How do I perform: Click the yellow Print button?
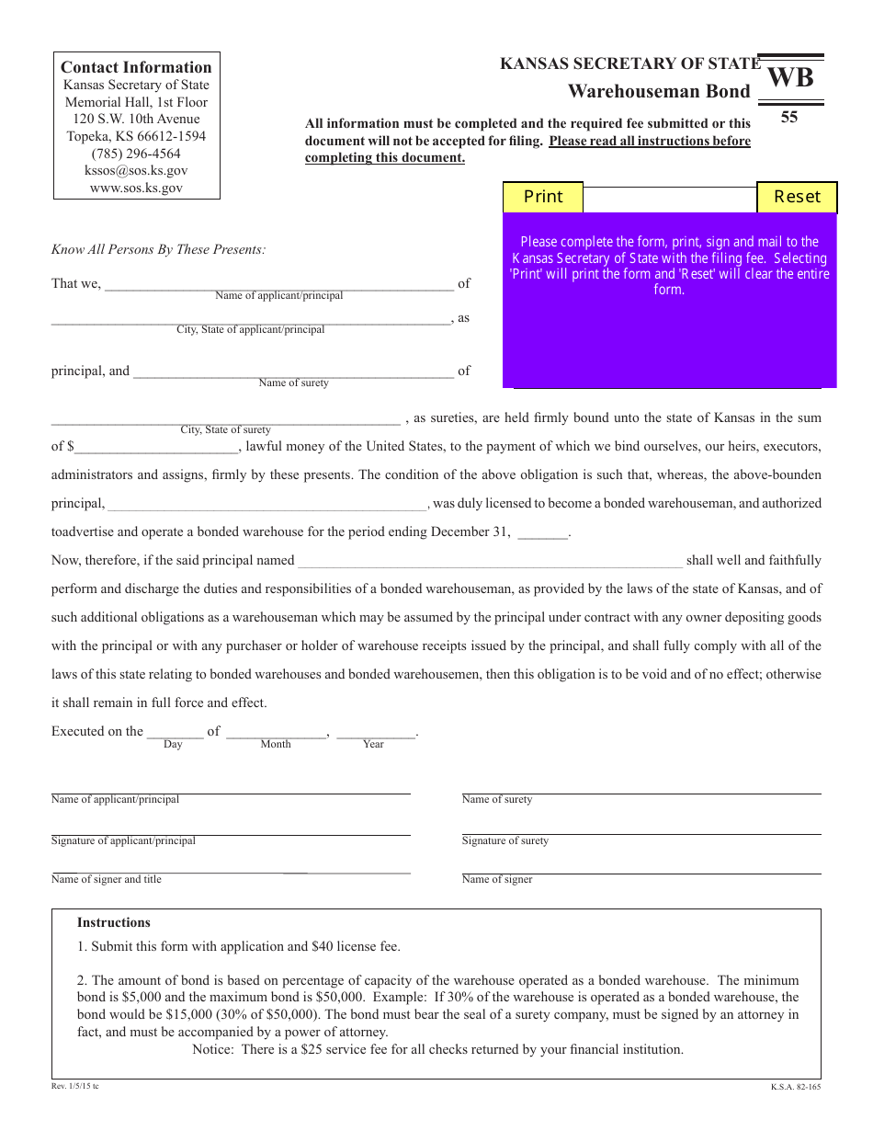point(543,197)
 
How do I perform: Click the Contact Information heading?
point(136,67)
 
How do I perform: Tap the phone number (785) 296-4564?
point(136,154)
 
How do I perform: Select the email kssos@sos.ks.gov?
point(136,171)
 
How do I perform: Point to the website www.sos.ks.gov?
point(136,188)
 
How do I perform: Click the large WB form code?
point(790,78)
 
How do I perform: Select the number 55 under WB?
point(789,118)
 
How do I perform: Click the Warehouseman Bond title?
point(659,91)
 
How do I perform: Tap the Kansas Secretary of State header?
point(630,63)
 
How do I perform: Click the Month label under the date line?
point(276,745)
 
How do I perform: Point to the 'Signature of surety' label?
point(505,841)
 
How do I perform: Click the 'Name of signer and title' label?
point(107,880)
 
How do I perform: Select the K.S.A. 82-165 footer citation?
point(796,1087)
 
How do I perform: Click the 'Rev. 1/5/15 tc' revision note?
point(75,1087)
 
